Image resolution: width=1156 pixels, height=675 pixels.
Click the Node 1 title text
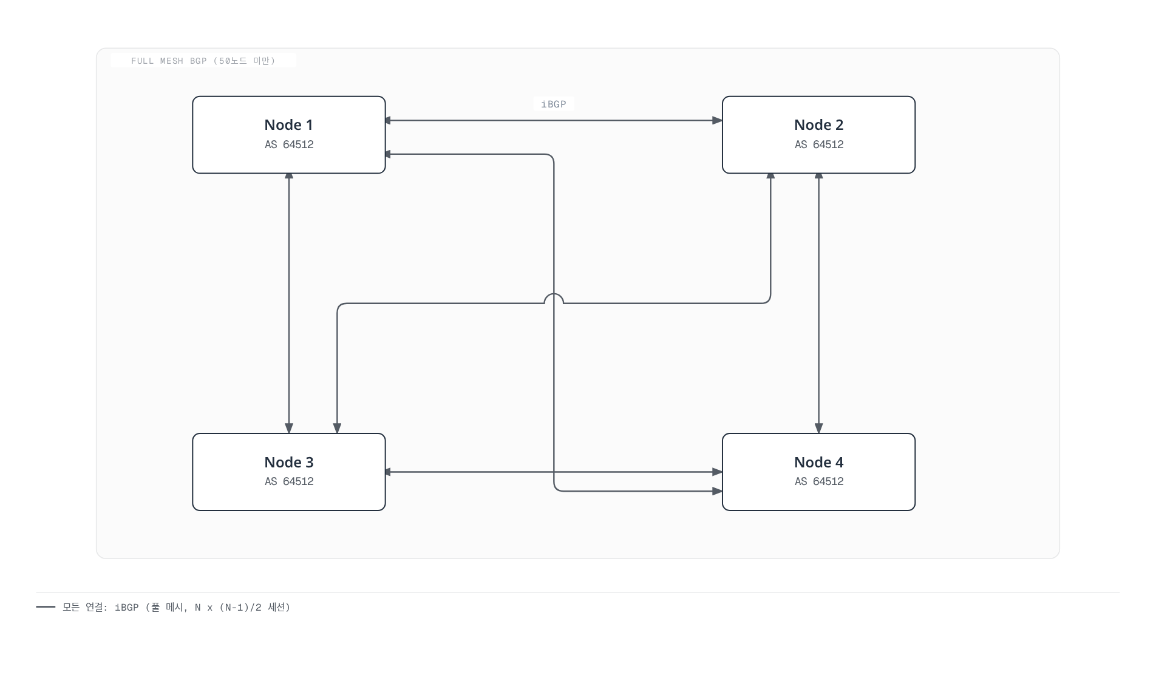(x=288, y=125)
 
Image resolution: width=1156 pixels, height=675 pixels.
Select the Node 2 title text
(x=818, y=125)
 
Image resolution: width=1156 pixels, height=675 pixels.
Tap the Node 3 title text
(x=288, y=463)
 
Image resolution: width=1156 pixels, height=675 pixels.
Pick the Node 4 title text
(x=818, y=463)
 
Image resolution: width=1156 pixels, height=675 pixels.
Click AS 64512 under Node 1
(x=289, y=144)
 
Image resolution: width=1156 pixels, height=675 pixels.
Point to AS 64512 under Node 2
(x=819, y=144)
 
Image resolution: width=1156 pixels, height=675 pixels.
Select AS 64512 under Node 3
(x=289, y=481)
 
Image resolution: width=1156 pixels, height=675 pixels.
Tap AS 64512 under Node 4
(x=819, y=481)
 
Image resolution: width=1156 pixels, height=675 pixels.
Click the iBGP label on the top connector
(x=554, y=104)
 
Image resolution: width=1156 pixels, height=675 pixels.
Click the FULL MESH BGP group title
(x=203, y=61)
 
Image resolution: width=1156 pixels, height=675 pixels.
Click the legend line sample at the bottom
(x=46, y=606)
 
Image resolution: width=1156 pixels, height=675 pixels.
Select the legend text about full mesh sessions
(x=177, y=607)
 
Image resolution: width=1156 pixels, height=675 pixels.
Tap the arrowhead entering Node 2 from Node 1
(x=717, y=120)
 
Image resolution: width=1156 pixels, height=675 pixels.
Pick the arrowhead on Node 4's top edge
(x=818, y=429)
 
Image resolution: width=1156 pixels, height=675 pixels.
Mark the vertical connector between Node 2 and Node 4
(x=818, y=304)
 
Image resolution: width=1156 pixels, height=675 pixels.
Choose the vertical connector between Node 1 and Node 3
(x=289, y=304)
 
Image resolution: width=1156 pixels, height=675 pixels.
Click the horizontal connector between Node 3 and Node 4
(x=554, y=472)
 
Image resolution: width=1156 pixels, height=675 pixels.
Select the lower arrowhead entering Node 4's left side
(x=717, y=490)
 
